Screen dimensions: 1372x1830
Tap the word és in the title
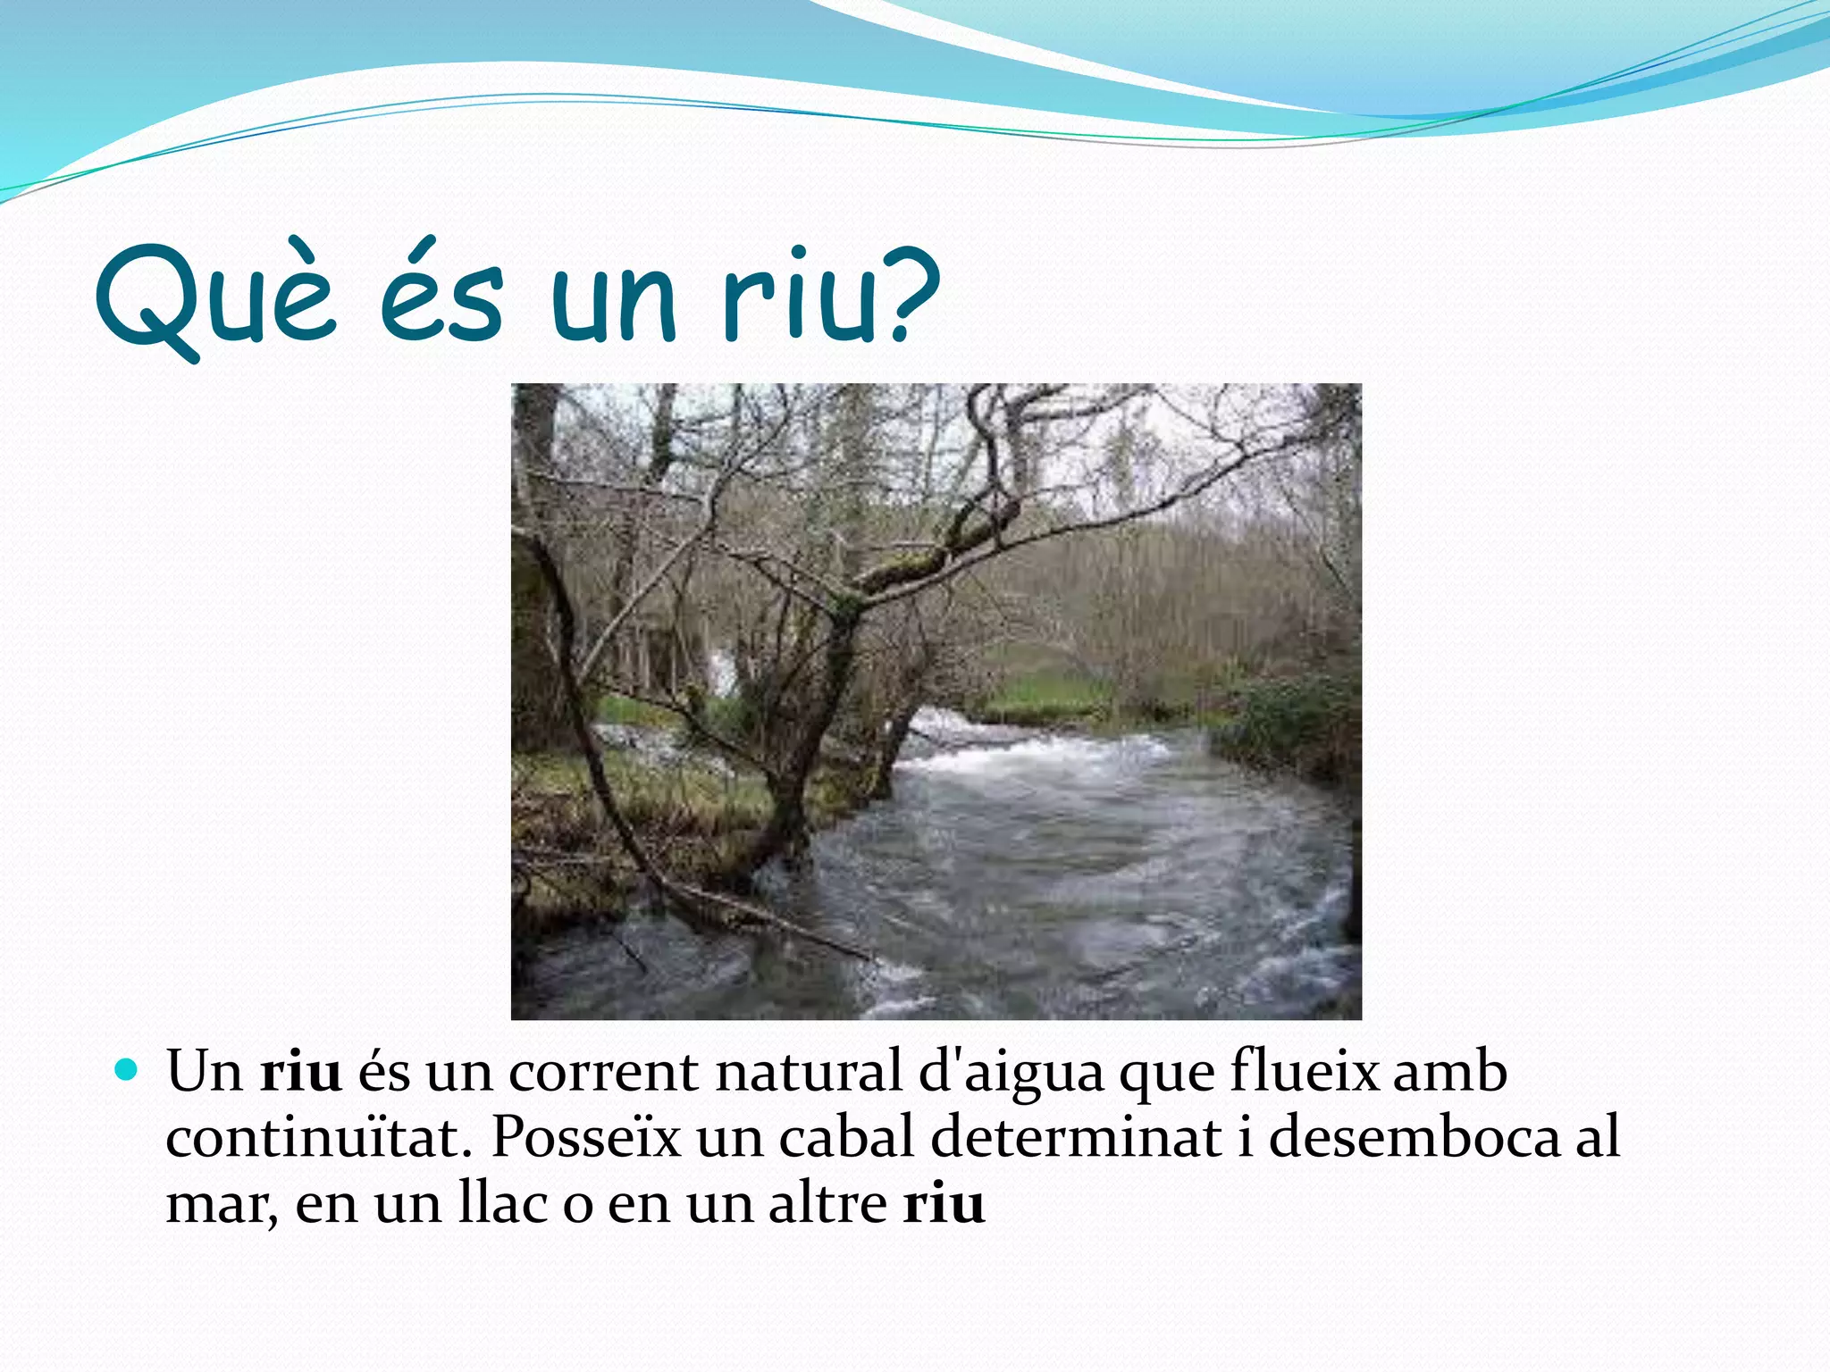click(x=441, y=295)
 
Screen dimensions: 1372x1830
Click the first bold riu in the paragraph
click(x=301, y=1072)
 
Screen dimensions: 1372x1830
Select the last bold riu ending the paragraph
click(x=944, y=1204)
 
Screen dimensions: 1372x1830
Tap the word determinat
click(x=1076, y=1138)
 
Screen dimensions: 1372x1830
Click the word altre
click(x=827, y=1204)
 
